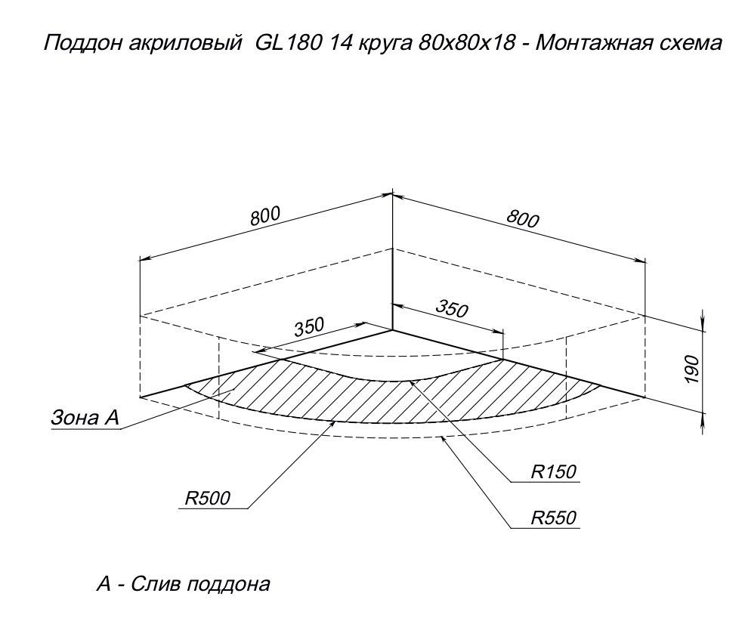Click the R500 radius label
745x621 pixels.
(x=207, y=499)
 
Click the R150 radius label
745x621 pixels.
(x=553, y=472)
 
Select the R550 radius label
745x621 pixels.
(x=553, y=518)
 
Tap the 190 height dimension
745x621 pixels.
(x=693, y=369)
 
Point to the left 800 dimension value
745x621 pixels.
(x=266, y=216)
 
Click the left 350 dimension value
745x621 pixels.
(x=309, y=327)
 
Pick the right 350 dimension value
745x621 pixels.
(x=452, y=309)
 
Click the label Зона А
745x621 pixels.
(x=85, y=418)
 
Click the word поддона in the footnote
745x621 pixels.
(x=228, y=585)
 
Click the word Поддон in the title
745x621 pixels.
(x=82, y=44)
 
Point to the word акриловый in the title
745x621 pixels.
(x=183, y=44)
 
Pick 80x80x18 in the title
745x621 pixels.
(x=467, y=43)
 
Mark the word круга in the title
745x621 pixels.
(x=385, y=44)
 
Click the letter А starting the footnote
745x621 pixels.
(x=104, y=584)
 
